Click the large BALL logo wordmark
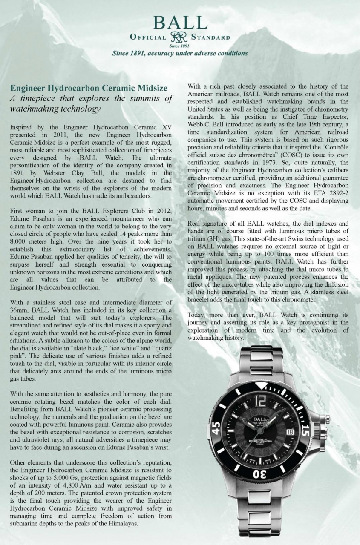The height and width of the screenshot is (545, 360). click(180, 22)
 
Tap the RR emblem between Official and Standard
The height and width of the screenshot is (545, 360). click(179, 37)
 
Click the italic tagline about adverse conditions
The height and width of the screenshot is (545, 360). click(179, 53)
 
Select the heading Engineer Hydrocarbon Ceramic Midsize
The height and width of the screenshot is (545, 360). click(89, 88)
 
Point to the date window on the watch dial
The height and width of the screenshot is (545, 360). click(290, 432)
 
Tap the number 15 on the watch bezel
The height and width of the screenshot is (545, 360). click(304, 430)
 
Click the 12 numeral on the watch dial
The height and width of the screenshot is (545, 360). click(261, 400)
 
